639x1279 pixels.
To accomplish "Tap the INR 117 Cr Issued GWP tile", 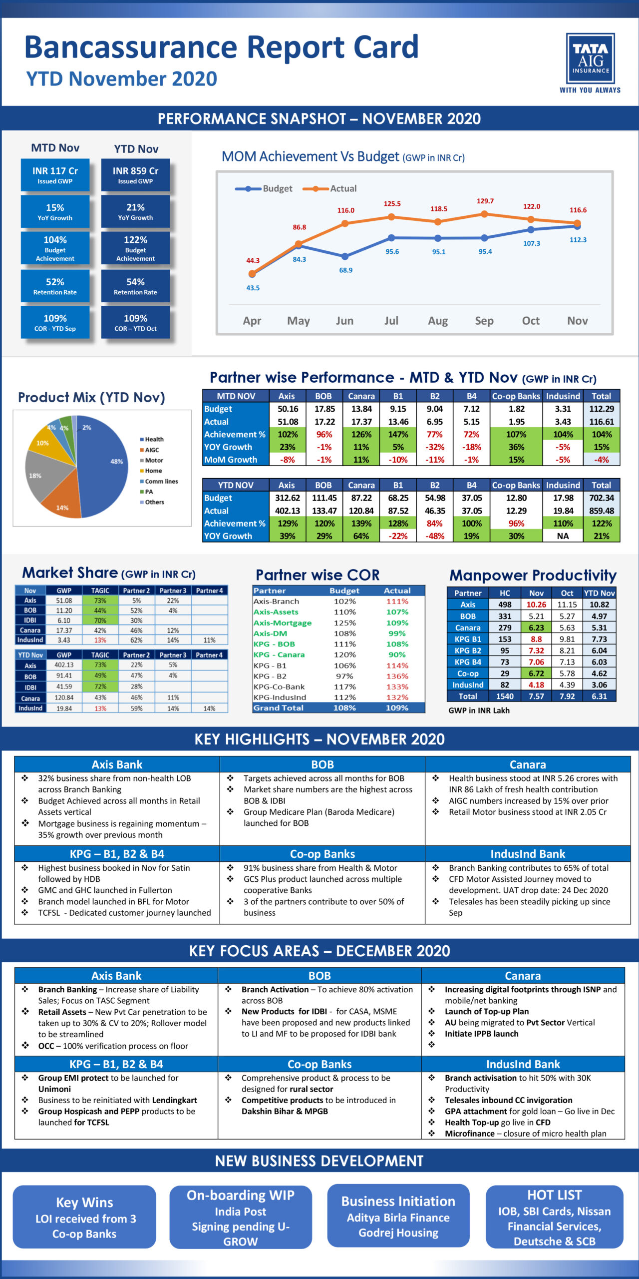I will (55, 175).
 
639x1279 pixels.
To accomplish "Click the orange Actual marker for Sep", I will (484, 214).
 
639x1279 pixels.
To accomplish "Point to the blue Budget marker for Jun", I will (345, 256).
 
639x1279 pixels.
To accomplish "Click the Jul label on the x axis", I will (391, 321).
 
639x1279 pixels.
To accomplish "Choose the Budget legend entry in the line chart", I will (265, 188).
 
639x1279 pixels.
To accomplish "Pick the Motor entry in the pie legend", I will (153, 460).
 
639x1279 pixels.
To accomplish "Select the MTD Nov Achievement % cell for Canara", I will (361, 434).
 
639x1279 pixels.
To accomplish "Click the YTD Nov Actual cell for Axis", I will (288, 511).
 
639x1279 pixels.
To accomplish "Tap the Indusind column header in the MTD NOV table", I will (563, 396).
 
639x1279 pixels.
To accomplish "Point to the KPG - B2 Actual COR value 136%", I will (397, 676).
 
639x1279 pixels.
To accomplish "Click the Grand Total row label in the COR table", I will (279, 707).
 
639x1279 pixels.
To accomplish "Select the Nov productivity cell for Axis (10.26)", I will (536, 605).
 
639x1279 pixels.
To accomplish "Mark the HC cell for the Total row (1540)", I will (505, 696).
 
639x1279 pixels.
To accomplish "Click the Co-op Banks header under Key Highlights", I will (322, 854).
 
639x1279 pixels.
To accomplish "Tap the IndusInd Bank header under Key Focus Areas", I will (523, 1064).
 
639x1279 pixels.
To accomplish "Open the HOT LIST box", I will (554, 1217).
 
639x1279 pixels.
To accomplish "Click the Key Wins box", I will (84, 1217).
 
